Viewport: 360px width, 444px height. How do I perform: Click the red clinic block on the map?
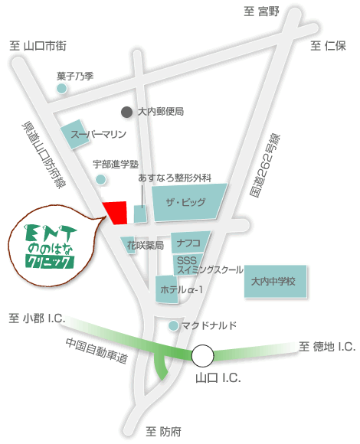click(x=116, y=212)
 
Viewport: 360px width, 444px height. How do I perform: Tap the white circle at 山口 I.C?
click(x=203, y=355)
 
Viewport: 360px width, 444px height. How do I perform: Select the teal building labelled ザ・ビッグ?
click(x=188, y=204)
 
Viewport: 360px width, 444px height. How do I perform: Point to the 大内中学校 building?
click(x=276, y=281)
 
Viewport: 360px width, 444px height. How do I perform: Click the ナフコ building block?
click(x=189, y=243)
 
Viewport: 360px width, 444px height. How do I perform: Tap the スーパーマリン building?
click(x=91, y=134)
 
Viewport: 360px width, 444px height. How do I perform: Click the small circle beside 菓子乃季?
click(x=62, y=89)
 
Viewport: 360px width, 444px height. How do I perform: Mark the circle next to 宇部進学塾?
click(x=100, y=179)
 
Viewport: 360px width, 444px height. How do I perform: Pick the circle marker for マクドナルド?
click(x=174, y=326)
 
